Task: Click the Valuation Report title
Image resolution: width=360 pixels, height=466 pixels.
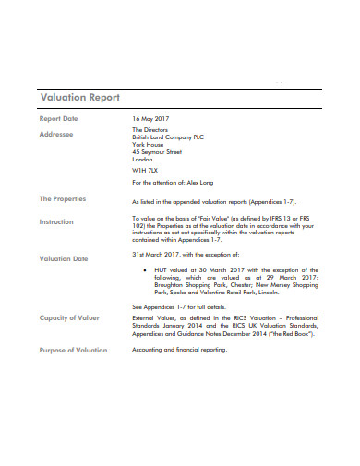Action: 79,98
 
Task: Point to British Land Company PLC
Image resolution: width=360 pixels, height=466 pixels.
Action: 170,137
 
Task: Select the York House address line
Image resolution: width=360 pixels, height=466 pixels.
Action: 148,145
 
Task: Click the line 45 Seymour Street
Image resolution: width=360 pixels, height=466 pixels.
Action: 158,152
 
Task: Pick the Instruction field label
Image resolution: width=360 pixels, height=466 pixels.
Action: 56,222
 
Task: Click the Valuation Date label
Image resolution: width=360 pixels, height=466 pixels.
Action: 64,259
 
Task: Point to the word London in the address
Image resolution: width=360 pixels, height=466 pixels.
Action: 143,160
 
